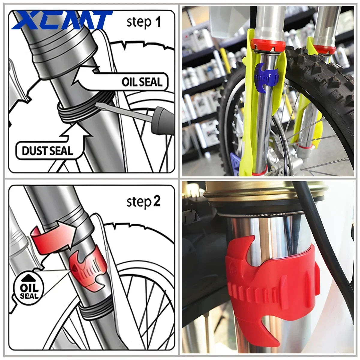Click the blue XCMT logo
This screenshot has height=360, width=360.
61,20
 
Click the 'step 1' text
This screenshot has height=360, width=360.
144,22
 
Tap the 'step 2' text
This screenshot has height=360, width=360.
144,202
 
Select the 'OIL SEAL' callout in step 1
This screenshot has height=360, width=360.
142,82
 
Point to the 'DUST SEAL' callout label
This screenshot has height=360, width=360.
47,150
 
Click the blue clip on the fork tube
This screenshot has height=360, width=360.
266,75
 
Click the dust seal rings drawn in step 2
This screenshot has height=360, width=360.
93,312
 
